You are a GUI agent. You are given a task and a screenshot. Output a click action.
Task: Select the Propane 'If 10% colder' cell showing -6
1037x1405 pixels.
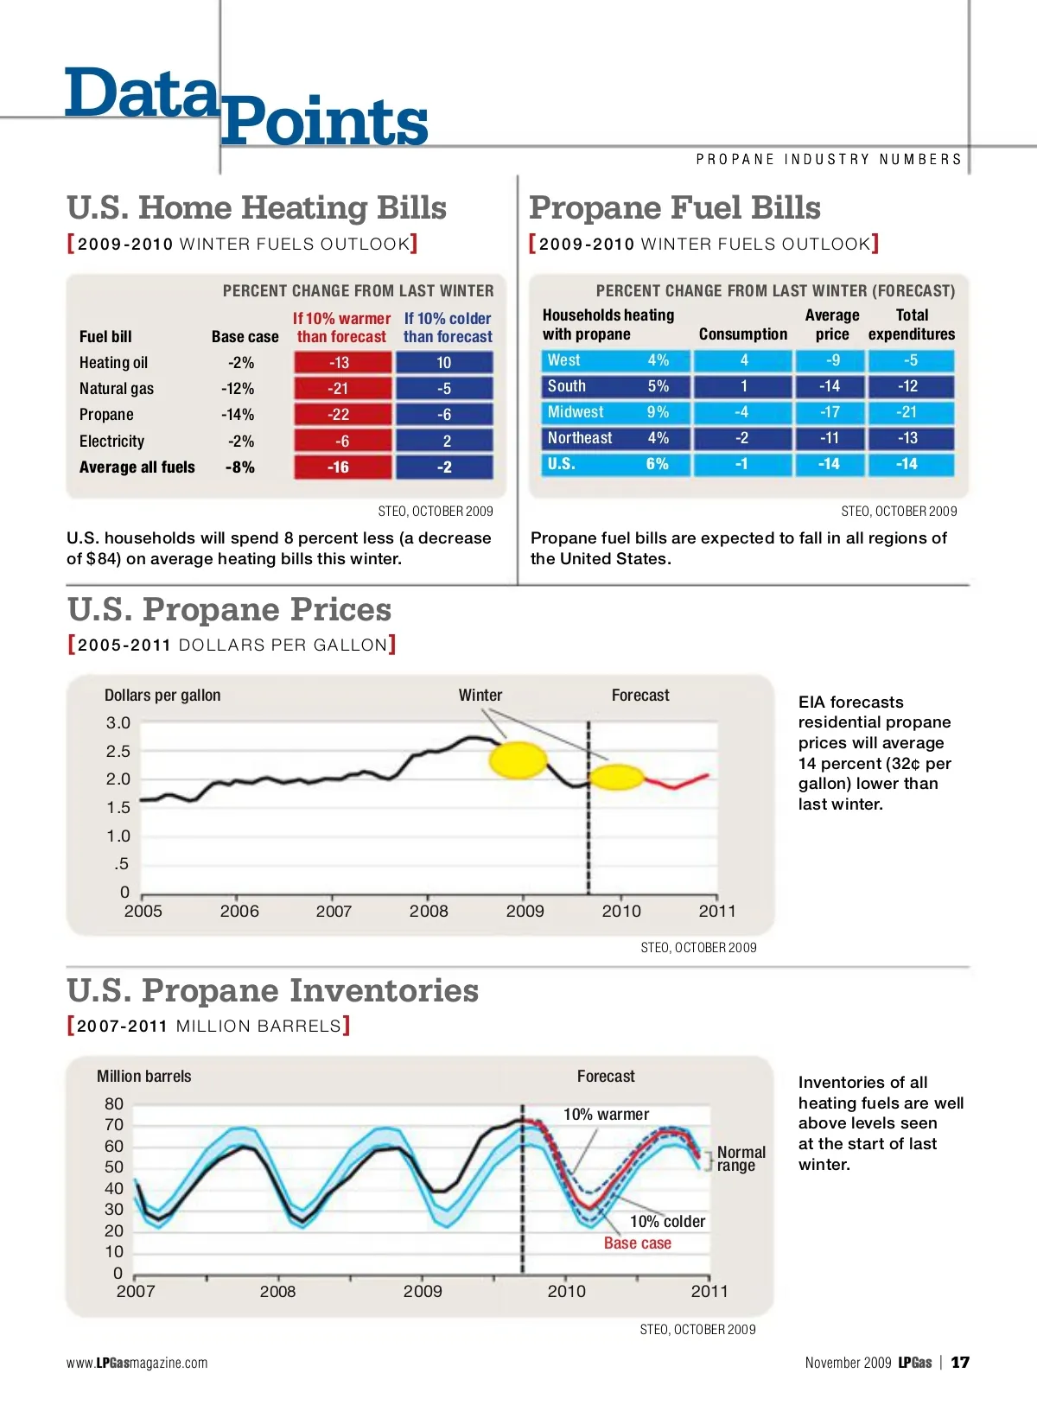[x=444, y=415]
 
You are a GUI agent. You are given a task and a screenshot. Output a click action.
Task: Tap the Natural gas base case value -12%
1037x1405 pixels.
[x=238, y=389]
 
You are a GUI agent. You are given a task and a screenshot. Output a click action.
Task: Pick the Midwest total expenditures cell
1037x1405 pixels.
[x=911, y=412]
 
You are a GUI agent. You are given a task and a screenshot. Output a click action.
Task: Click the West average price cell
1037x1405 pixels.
[x=831, y=360]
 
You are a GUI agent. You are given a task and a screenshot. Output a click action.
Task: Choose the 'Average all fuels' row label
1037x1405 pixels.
[x=137, y=467]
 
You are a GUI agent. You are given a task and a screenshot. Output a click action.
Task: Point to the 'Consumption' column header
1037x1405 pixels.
[x=743, y=334]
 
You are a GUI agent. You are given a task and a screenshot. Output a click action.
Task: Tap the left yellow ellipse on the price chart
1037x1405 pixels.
[x=518, y=760]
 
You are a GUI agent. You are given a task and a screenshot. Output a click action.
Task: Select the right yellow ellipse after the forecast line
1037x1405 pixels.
[x=617, y=778]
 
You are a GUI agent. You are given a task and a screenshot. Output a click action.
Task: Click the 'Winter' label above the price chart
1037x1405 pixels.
[x=480, y=696]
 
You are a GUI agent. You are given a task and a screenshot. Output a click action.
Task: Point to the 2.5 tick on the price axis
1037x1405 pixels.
[x=118, y=751]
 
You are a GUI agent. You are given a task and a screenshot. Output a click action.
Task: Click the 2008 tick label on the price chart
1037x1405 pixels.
[x=429, y=911]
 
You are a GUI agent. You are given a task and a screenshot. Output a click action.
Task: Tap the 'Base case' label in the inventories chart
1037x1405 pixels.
[x=638, y=1243]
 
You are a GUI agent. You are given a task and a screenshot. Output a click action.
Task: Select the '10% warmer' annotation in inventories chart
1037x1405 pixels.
[x=606, y=1115]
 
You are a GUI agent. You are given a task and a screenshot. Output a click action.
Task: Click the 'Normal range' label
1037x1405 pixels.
[x=741, y=1159]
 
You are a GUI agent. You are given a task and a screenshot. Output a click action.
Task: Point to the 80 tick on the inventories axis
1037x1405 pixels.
[x=114, y=1104]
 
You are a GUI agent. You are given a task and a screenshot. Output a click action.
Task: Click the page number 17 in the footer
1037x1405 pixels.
[x=960, y=1363]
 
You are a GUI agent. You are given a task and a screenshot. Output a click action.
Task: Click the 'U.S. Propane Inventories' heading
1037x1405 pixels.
[x=272, y=990]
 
